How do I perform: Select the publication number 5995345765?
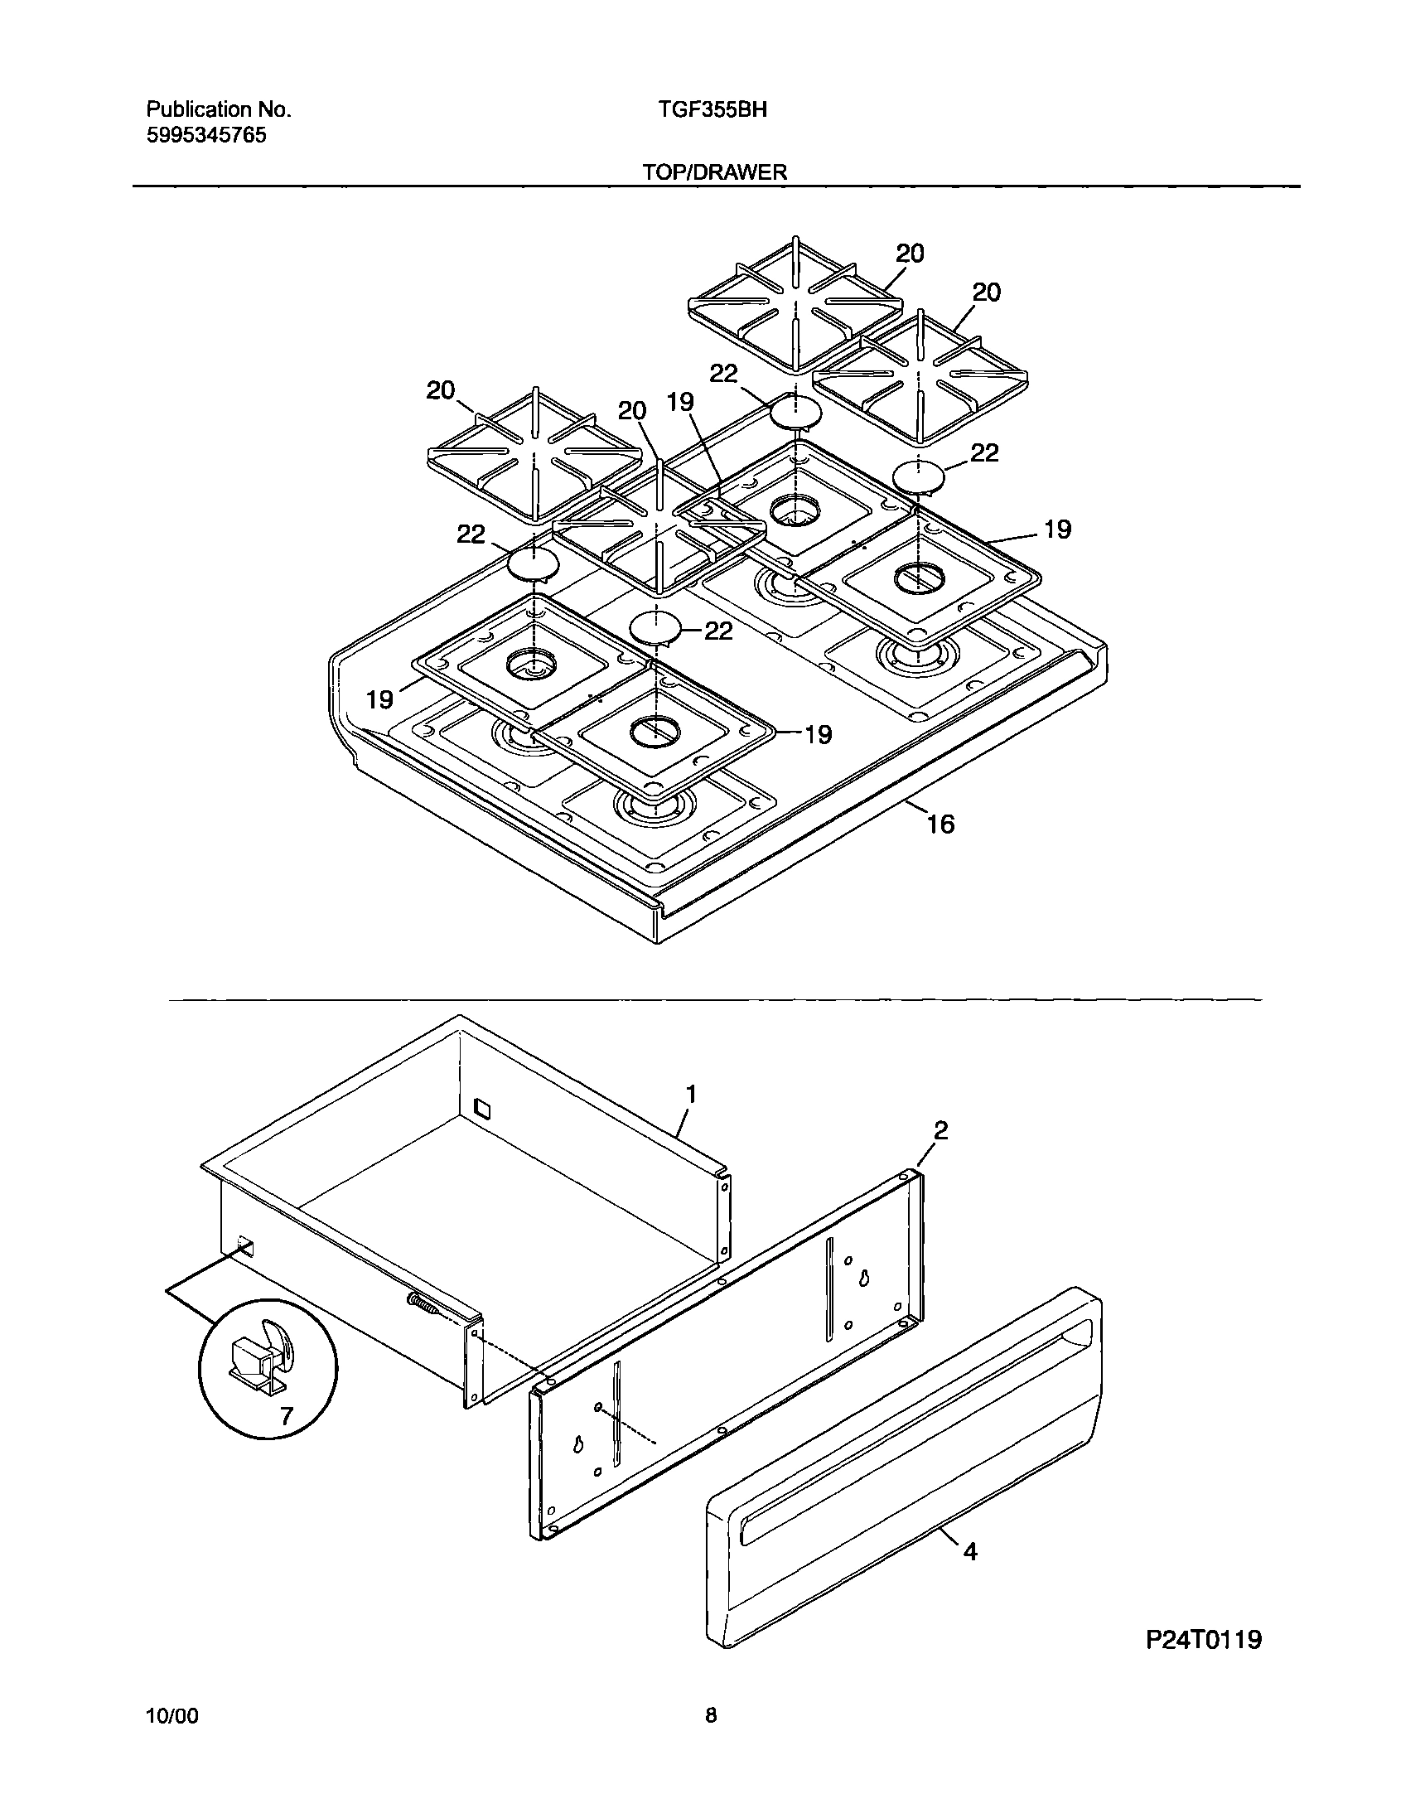tap(207, 136)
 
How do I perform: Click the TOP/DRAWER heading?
tap(715, 172)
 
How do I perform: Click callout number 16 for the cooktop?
tap(940, 824)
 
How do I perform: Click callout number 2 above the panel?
tap(940, 1131)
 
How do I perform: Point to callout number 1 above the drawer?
tap(691, 1094)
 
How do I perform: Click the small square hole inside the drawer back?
tap(483, 1108)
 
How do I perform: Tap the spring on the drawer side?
tap(424, 1303)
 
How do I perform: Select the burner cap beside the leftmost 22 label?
tap(532, 565)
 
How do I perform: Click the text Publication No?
tap(219, 110)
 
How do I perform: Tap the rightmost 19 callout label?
tap(1057, 529)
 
